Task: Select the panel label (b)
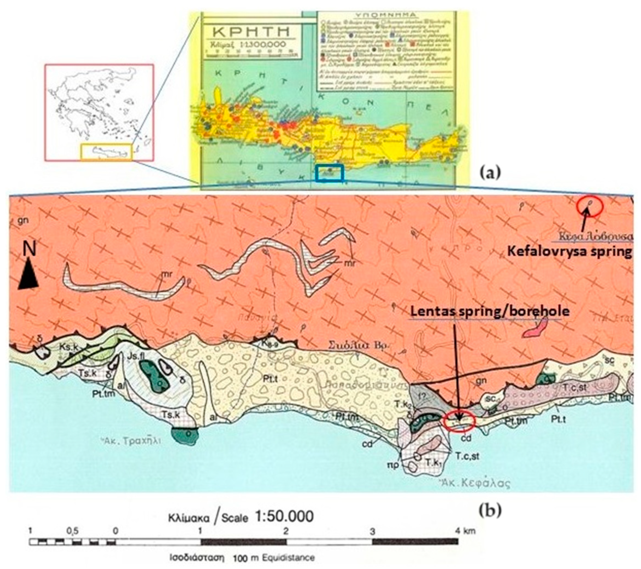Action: coord(490,511)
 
